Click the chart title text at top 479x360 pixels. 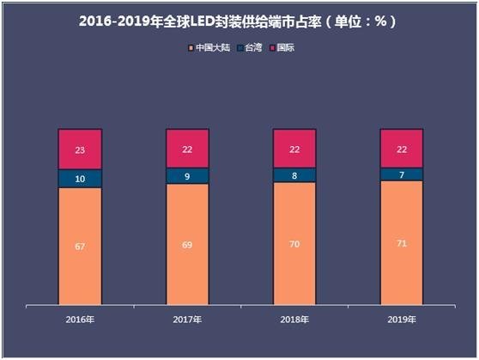pyautogui.click(x=239, y=19)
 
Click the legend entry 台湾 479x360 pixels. pyautogui.click(x=247, y=47)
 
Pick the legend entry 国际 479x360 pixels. pyautogui.click(x=282, y=47)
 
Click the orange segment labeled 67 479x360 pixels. pyautogui.click(x=80, y=246)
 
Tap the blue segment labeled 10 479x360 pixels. pyautogui.click(x=80, y=178)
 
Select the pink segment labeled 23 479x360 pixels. pyautogui.click(x=80, y=149)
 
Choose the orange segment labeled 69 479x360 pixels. pyautogui.click(x=187, y=244)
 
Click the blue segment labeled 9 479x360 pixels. pyautogui.click(x=187, y=175)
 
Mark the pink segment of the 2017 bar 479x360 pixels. pyautogui.click(x=187, y=148)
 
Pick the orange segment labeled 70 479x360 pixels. pyautogui.click(x=294, y=243)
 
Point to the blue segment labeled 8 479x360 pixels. pyautogui.click(x=294, y=174)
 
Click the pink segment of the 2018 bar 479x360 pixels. pyautogui.click(x=294, y=148)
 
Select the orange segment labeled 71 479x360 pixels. pyautogui.click(x=402, y=242)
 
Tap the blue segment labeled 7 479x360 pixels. pyautogui.click(x=402, y=174)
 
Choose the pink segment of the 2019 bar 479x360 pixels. pyautogui.click(x=402, y=148)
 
